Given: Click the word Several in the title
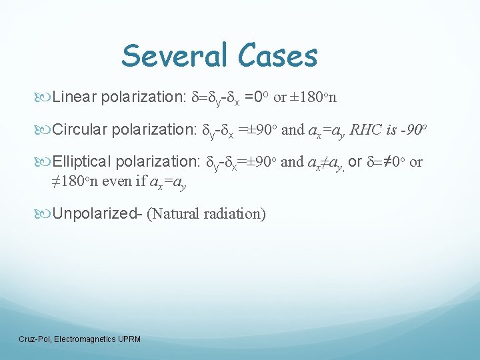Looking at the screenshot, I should point(175,55).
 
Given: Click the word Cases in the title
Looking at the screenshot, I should point(275,55).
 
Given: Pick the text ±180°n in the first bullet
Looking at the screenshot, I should point(313,97).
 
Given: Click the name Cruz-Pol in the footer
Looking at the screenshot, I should point(35,339).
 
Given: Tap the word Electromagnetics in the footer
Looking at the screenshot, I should point(82,339).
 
